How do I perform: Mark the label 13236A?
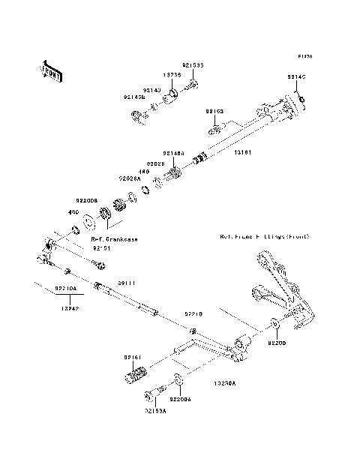(223, 383)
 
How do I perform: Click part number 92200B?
(87, 200)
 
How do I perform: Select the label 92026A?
(130, 178)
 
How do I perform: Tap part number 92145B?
(134, 96)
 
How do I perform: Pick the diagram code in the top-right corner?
(304, 56)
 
